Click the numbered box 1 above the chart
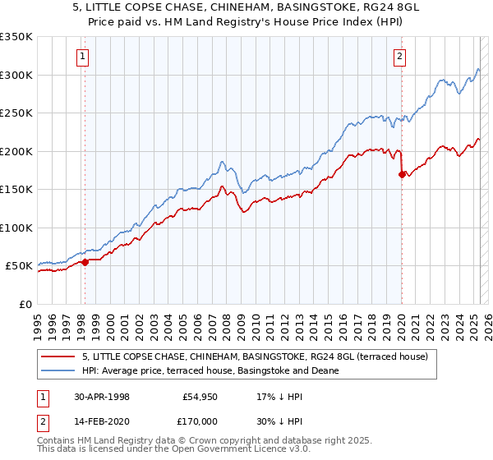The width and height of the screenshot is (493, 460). (x=85, y=57)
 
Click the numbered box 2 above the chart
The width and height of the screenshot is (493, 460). (x=399, y=57)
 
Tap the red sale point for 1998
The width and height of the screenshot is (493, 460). (x=85, y=263)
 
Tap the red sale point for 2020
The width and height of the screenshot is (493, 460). (x=402, y=174)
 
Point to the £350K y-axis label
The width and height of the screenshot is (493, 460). (x=16, y=37)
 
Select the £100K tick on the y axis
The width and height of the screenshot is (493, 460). (x=16, y=228)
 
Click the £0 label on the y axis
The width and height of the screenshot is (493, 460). (x=25, y=304)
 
